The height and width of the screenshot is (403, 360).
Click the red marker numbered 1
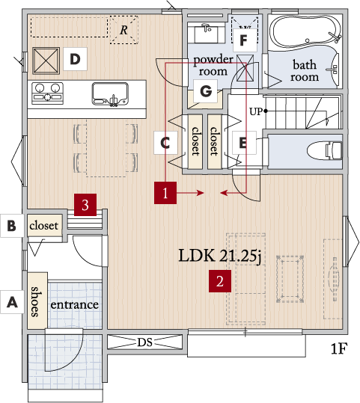tap(165, 193)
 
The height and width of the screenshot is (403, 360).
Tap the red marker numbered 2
tap(220, 281)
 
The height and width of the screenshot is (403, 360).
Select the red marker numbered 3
tap(85, 205)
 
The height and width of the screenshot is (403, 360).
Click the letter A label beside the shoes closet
tap(13, 302)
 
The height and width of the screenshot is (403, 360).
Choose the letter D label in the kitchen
tap(75, 59)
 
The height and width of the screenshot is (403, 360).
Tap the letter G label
tap(206, 91)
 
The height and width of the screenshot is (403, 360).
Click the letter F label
tap(245, 40)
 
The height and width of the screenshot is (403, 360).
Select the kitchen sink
tap(110, 94)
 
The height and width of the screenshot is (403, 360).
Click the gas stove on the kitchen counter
tap(47, 93)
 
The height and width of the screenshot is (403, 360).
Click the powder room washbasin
tap(207, 33)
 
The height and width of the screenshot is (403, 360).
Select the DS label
tap(144, 342)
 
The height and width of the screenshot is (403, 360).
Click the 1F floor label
tap(339, 348)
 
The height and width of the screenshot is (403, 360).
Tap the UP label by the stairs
tap(256, 111)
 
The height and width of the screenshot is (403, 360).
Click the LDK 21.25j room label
tap(220, 256)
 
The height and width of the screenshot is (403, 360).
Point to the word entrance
tap(74, 305)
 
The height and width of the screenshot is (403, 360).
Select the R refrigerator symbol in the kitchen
tap(123, 30)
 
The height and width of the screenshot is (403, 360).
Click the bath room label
tap(305, 70)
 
